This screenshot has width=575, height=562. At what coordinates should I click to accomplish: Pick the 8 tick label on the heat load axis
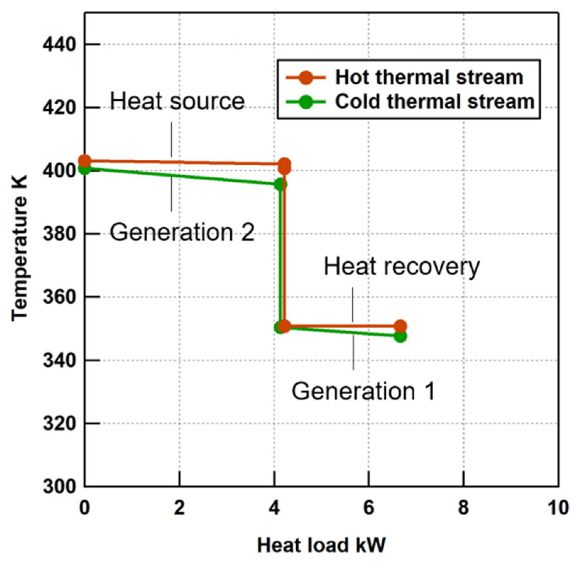click(x=464, y=508)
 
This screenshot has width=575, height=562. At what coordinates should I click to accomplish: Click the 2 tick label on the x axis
click(x=180, y=508)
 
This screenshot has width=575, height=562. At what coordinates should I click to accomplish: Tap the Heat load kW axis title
click(x=321, y=545)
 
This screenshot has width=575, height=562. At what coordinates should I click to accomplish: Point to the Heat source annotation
click(x=177, y=101)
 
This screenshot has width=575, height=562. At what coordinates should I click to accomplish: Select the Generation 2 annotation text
click(x=182, y=232)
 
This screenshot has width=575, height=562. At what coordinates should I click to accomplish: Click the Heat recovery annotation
click(x=401, y=267)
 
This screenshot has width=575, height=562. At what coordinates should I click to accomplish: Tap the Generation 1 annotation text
click(x=363, y=391)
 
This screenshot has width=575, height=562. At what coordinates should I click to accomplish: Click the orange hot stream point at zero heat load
click(x=84, y=161)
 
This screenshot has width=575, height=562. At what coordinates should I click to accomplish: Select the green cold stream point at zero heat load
click(x=84, y=169)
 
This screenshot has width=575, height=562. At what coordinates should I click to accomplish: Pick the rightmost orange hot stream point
click(x=400, y=326)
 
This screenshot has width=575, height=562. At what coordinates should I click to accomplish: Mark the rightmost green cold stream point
click(x=400, y=336)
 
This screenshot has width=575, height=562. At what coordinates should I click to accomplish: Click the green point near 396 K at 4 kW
click(x=280, y=184)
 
